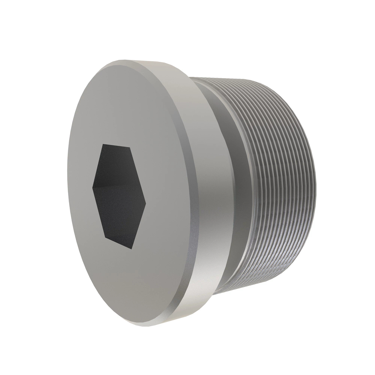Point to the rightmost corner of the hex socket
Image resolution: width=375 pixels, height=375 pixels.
tap(146, 205)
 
